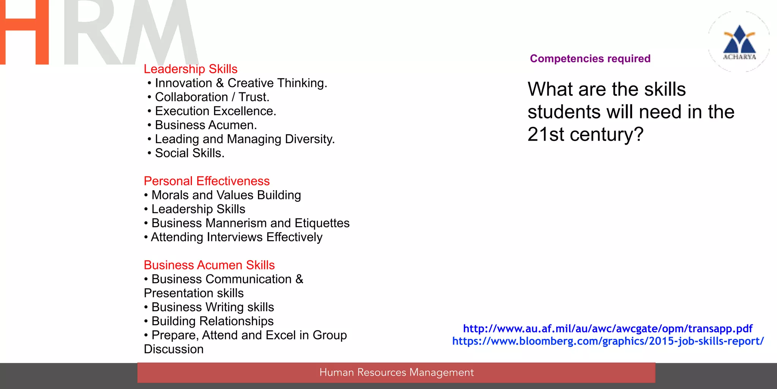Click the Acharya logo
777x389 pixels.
click(x=739, y=42)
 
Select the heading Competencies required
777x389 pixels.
click(x=590, y=59)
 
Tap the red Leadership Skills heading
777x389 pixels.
click(x=190, y=69)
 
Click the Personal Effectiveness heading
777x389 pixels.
click(x=207, y=181)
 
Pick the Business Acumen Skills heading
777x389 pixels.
click(x=209, y=265)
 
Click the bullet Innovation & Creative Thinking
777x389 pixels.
click(x=241, y=83)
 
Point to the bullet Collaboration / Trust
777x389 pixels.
click(x=212, y=97)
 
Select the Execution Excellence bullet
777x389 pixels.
click(x=215, y=111)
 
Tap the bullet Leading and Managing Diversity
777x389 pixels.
click(x=245, y=139)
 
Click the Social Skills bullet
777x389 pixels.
click(x=190, y=153)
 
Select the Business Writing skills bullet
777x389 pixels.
click(x=212, y=307)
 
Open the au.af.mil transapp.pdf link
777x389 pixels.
click(x=607, y=329)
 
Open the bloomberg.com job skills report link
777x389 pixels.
click(x=608, y=341)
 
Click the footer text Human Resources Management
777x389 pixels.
click(x=396, y=373)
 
